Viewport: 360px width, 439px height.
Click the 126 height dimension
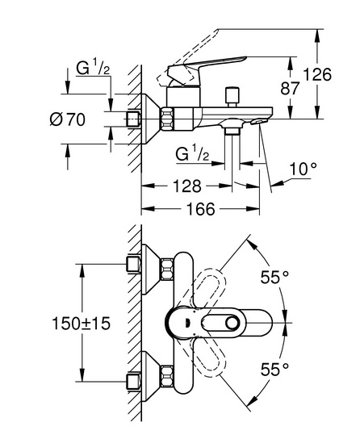tap(317, 74)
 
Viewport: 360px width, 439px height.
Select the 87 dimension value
tap(290, 89)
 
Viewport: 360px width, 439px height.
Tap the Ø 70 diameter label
tap(68, 119)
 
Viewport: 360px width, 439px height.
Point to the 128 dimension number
tap(187, 186)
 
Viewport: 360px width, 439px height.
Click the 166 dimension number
tap(201, 209)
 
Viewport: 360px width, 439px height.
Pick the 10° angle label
tap(303, 169)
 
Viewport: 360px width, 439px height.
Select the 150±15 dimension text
tap(82, 324)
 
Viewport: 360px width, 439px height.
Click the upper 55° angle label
tap(274, 278)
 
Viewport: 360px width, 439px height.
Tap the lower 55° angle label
tap(274, 369)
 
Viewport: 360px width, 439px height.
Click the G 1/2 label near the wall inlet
tap(93, 69)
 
